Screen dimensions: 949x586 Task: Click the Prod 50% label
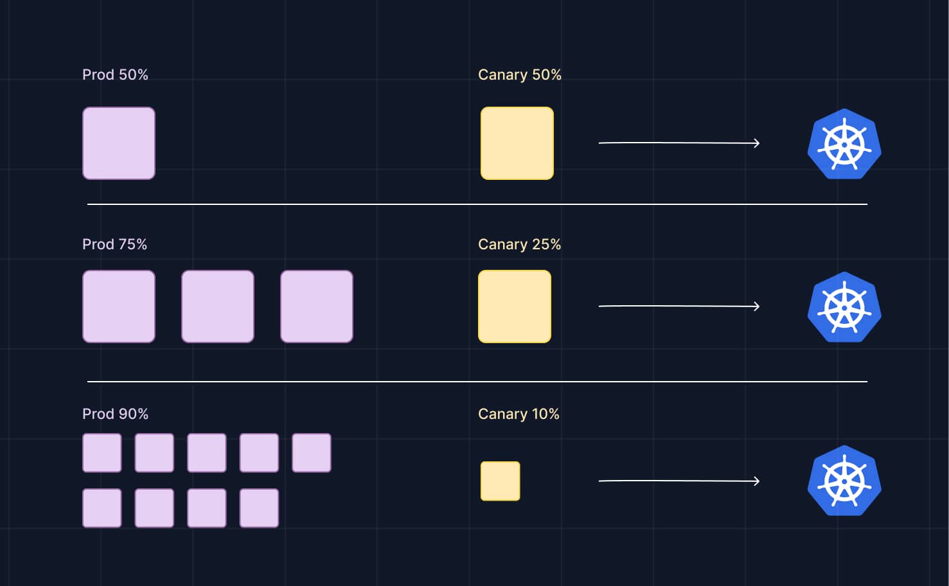pyautogui.click(x=115, y=75)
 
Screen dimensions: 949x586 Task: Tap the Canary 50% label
pyautogui.click(x=519, y=75)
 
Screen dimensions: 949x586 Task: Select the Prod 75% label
pyautogui.click(x=114, y=244)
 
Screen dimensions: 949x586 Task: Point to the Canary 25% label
pyautogui.click(x=519, y=244)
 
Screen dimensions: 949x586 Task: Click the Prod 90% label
pyautogui.click(x=115, y=414)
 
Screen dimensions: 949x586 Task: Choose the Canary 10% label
pyautogui.click(x=519, y=414)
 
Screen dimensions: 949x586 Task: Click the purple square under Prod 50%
pyautogui.click(x=119, y=143)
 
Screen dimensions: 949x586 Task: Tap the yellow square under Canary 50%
pyautogui.click(x=517, y=143)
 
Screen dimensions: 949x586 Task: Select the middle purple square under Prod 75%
pyautogui.click(x=218, y=306)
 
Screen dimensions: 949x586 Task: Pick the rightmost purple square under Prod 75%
pyautogui.click(x=317, y=306)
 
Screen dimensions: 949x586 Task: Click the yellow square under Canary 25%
pyautogui.click(x=515, y=306)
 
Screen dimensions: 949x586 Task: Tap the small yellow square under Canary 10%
pyautogui.click(x=501, y=481)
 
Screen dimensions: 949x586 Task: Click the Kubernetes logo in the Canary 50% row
pyautogui.click(x=844, y=144)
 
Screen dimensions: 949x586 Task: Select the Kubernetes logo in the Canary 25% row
pyautogui.click(x=844, y=307)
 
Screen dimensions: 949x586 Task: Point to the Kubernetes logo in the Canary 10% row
pyautogui.click(x=844, y=481)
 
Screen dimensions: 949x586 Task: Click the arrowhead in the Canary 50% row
pyautogui.click(x=757, y=143)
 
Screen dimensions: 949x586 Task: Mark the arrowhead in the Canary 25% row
pyautogui.click(x=757, y=306)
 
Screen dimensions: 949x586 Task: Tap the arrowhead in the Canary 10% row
pyautogui.click(x=757, y=481)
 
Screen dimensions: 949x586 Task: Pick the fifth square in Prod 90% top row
pyautogui.click(x=312, y=453)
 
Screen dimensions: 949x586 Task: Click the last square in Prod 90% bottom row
pyautogui.click(x=259, y=508)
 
